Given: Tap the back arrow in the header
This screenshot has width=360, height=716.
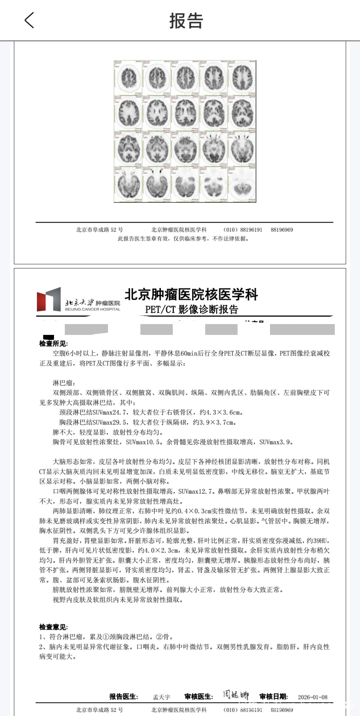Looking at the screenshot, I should tap(29, 20).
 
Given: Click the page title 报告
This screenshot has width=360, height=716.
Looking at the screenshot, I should tap(186, 21).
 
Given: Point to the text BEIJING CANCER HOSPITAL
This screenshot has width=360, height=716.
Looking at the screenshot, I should tap(93, 309).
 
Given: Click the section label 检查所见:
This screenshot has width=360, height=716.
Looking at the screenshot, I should tap(53, 344).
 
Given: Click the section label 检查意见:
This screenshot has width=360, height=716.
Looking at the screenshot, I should tap(53, 627).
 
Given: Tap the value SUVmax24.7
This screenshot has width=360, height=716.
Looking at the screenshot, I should tap(110, 412).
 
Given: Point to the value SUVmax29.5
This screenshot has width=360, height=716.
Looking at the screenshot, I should tap(110, 422).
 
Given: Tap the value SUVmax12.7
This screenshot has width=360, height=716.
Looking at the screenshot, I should tap(196, 492).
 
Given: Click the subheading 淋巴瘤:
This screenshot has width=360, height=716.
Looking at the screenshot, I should tap(64, 383).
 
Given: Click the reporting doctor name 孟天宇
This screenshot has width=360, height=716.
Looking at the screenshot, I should tap(161, 697).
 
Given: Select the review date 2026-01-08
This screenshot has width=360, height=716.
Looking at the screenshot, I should tap(313, 697).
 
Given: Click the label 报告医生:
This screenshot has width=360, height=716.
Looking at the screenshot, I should tap(123, 697).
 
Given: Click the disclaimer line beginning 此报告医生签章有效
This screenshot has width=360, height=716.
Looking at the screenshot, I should tap(183, 239).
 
